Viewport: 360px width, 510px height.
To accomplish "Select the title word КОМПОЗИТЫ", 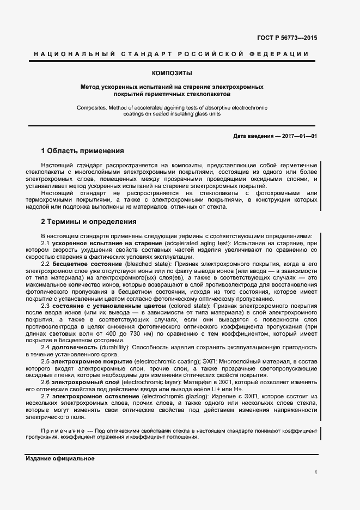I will click(x=172, y=72).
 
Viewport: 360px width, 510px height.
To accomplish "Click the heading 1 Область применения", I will click(x=83, y=150).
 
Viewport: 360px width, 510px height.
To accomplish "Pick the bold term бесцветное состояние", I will click(x=88, y=264).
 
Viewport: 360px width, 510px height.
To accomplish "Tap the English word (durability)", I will click(x=114, y=347).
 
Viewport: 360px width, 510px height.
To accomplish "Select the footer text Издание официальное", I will click(x=60, y=458).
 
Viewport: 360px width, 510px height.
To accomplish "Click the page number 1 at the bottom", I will click(x=315, y=472).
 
